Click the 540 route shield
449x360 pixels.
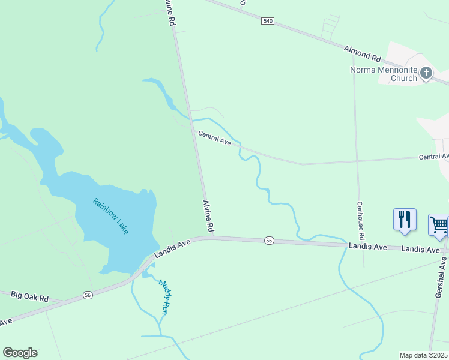click(268, 21)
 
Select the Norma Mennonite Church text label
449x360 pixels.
click(384, 74)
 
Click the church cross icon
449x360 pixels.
click(426, 73)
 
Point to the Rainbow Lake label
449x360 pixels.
click(111, 216)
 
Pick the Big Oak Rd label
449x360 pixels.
click(29, 296)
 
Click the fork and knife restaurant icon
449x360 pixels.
click(404, 219)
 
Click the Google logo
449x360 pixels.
click(20, 353)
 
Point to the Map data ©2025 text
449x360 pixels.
click(424, 355)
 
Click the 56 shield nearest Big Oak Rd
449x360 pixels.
click(88, 295)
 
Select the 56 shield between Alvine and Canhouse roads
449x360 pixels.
click(269, 241)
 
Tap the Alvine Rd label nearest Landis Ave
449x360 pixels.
click(208, 217)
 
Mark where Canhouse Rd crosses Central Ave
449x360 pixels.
click(357, 161)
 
